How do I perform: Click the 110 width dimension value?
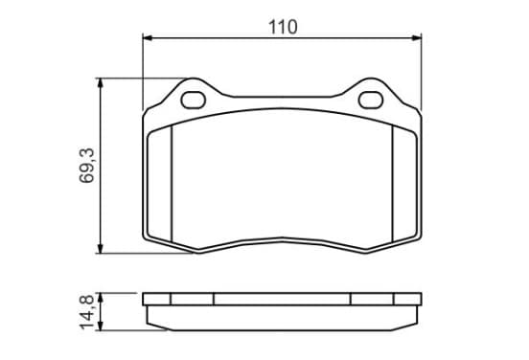click(x=283, y=27)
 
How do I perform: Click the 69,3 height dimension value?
click(x=86, y=166)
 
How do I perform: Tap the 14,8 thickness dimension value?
click(x=86, y=312)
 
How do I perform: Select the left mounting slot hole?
click(x=194, y=100)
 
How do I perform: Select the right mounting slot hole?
click(x=371, y=100)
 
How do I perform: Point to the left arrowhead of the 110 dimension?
click(x=148, y=37)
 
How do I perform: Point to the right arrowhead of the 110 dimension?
click(x=417, y=37)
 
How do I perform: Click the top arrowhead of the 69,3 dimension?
click(x=100, y=83)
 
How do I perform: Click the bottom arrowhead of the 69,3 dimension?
click(x=100, y=248)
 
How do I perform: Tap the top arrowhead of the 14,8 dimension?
click(x=100, y=298)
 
